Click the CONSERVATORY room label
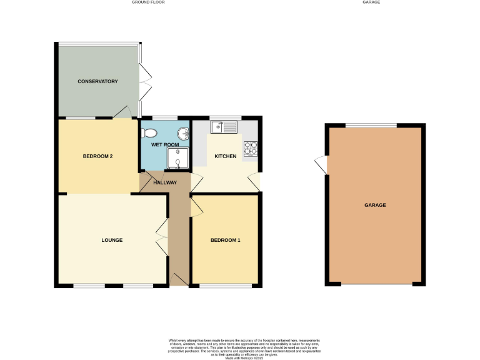97,81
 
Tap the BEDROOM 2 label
97,156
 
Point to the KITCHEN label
225,156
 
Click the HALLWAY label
165,182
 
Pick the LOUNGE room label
112,240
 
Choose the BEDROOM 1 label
225,240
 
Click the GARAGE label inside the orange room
375,205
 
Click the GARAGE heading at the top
371,2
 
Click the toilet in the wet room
149,132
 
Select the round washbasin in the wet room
182,133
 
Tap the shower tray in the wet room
177,159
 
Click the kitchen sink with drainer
223,127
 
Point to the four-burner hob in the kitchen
250,149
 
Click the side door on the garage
321,165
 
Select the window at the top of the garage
371,126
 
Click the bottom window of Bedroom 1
226,286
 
